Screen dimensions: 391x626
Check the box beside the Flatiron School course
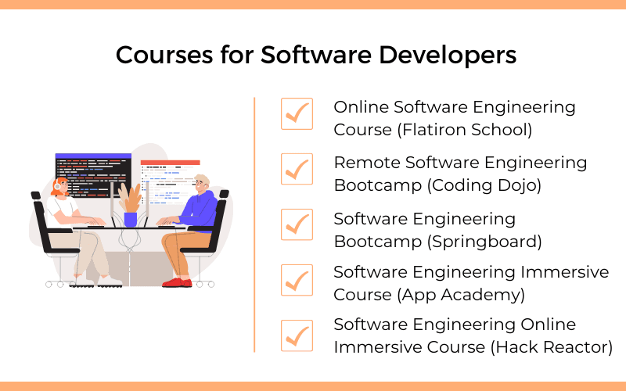[x=297, y=114]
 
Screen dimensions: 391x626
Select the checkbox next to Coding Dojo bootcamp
[x=297, y=169]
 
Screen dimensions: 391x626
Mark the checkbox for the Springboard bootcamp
[x=297, y=224]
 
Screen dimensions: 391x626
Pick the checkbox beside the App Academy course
[x=297, y=279]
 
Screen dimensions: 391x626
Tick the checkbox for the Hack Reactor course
[x=297, y=335]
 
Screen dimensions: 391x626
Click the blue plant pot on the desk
[x=130, y=218]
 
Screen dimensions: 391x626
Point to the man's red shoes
[x=174, y=282]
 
